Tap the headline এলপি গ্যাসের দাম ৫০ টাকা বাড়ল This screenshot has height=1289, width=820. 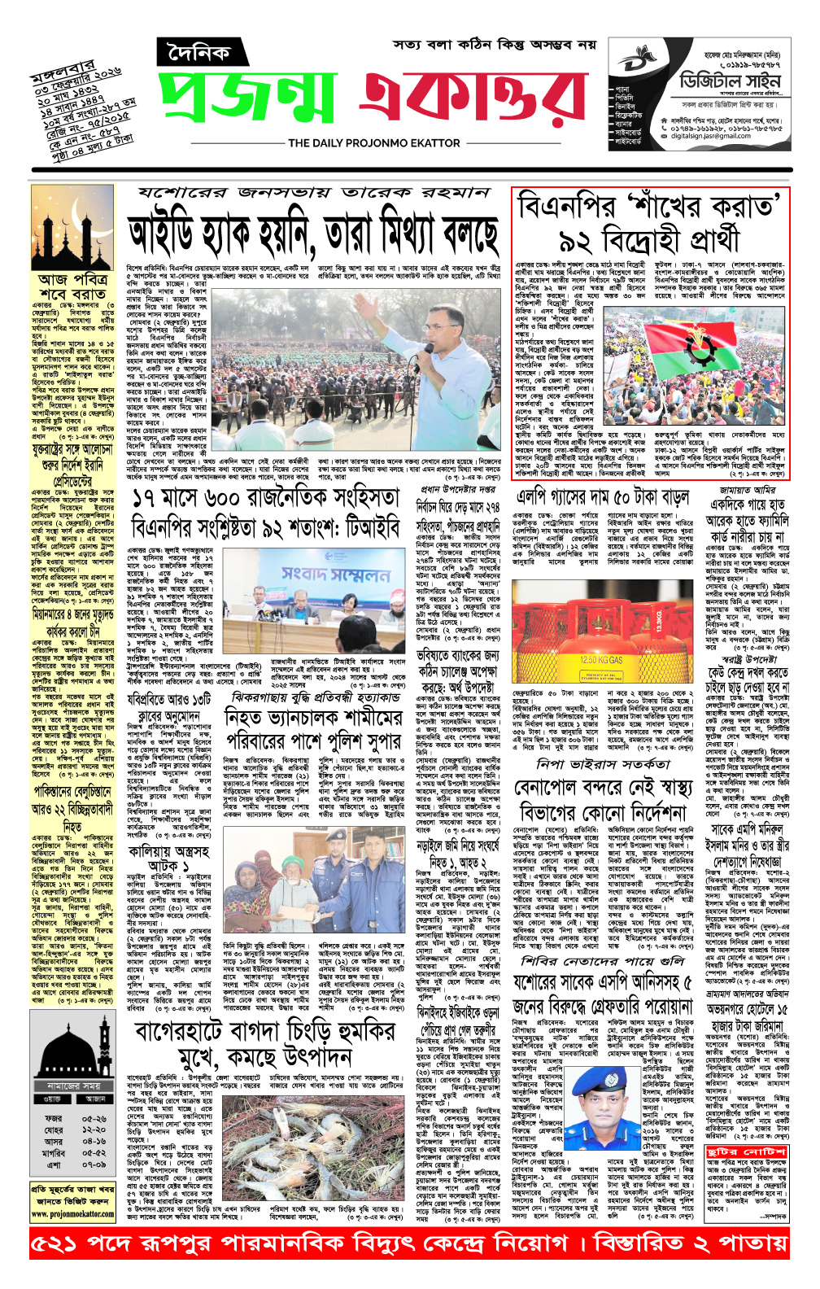[603, 496]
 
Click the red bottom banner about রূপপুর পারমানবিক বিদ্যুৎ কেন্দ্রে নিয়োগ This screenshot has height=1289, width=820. [409, 1243]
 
